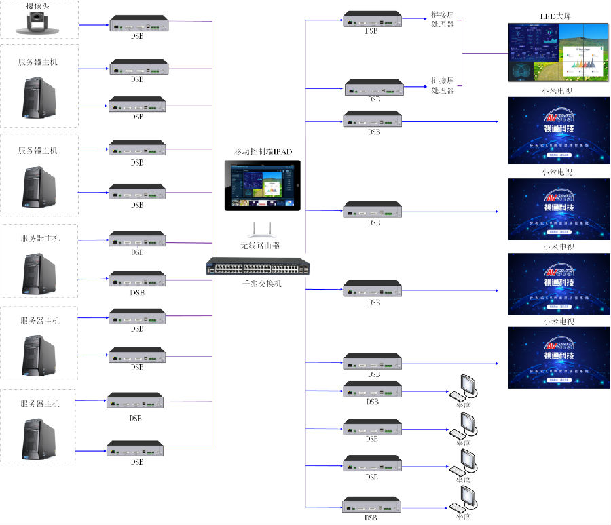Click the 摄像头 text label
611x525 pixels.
click(x=37, y=5)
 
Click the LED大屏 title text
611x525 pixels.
click(x=556, y=14)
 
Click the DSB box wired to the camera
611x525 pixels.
click(x=138, y=25)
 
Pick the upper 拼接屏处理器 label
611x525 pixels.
click(x=443, y=18)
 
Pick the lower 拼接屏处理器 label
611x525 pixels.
click(x=443, y=85)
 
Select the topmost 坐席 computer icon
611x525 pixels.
click(x=465, y=387)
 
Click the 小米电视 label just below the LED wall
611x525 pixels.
click(x=556, y=92)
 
